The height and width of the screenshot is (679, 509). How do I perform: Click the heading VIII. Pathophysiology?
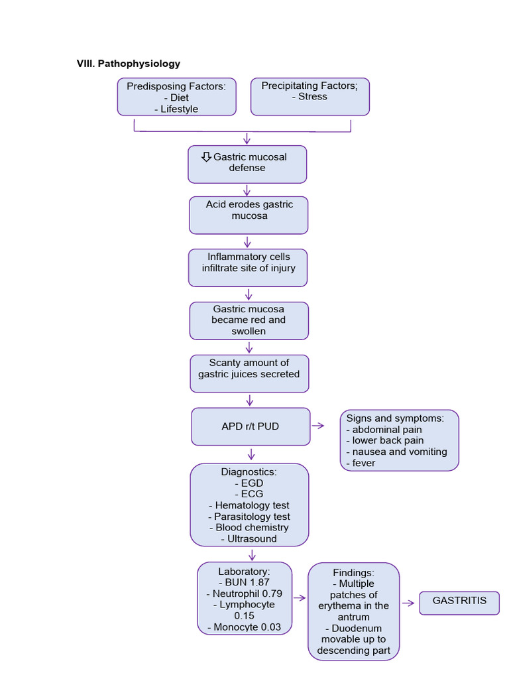[x=129, y=64]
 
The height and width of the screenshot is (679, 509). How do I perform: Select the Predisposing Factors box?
[x=176, y=97]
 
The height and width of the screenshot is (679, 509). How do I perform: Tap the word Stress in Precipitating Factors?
[x=312, y=97]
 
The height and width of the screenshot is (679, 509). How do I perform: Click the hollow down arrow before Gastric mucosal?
[x=206, y=156]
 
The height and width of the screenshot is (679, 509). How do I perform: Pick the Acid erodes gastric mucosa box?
[x=249, y=215]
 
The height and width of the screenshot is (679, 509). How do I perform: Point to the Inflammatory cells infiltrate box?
[x=248, y=267]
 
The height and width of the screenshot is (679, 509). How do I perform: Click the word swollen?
[x=249, y=331]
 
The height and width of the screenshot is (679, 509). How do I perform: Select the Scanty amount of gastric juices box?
[x=249, y=373]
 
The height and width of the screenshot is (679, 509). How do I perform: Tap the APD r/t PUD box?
[x=251, y=426]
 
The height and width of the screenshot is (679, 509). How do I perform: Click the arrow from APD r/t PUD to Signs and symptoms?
[x=319, y=426]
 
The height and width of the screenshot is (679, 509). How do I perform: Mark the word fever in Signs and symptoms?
[x=364, y=463]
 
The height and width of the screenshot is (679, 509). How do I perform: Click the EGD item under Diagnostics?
[x=249, y=483]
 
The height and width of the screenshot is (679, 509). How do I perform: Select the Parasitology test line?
[x=249, y=517]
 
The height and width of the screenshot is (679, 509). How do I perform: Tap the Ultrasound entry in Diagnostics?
[x=249, y=538]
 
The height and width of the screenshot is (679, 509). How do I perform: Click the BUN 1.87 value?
[x=245, y=582]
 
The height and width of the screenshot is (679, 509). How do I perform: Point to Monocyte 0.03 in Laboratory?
[x=245, y=627]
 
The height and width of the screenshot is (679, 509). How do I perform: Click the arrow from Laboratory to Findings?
[x=300, y=597]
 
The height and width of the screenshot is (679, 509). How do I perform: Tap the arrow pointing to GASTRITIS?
[x=409, y=603]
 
